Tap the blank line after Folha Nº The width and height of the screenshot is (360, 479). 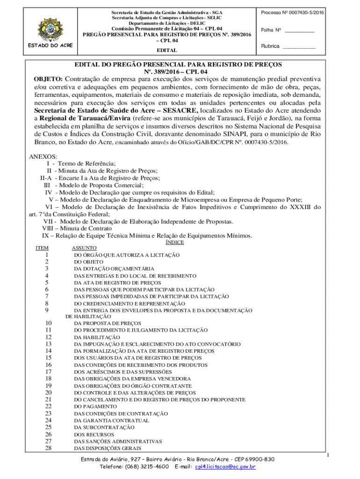(300, 30)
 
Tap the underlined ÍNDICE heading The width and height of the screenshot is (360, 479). (175, 242)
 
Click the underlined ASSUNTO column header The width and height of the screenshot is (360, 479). (84, 248)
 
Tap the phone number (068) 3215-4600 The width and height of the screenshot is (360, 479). (147, 467)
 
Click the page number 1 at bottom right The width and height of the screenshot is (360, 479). (329, 456)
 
